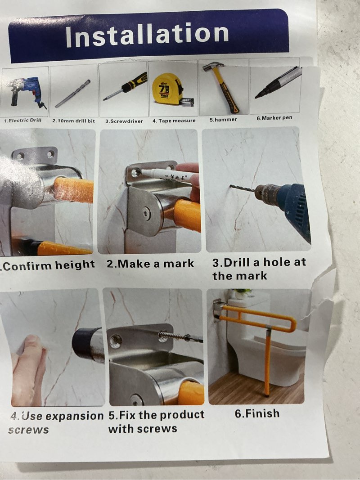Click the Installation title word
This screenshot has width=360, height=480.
(x=147, y=34)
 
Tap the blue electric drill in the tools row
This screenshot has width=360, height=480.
(x=27, y=91)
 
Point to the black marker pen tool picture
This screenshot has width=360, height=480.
(x=278, y=82)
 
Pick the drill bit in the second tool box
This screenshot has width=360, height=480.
(x=72, y=94)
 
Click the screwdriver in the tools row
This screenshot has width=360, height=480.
(x=125, y=86)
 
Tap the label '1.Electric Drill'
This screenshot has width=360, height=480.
(x=22, y=120)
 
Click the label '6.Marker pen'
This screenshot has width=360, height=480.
(x=274, y=118)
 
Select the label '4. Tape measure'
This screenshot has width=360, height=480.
(x=174, y=121)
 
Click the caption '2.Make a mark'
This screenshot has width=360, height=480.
(x=150, y=264)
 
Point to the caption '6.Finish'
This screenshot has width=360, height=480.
(x=257, y=413)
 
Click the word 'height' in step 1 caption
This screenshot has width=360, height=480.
(x=75, y=264)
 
